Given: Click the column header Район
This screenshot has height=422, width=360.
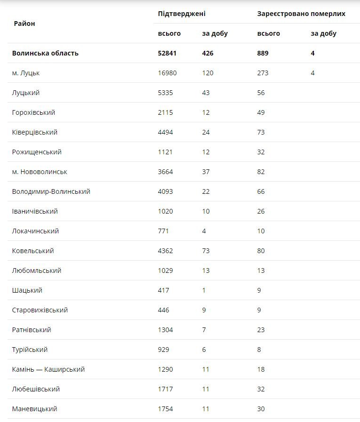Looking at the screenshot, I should point(24,24).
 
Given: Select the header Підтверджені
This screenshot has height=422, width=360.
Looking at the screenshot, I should point(182,14).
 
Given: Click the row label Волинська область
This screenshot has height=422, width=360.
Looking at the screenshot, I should point(45,53).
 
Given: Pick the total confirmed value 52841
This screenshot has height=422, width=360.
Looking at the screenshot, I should point(167,53).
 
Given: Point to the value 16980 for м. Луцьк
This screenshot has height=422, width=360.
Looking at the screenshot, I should point(167,73).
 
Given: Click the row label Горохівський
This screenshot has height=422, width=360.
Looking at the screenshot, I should point(33,112).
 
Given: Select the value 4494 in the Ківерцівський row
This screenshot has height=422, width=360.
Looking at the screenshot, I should point(165,132).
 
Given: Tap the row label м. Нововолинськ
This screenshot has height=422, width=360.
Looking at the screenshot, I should point(40,172).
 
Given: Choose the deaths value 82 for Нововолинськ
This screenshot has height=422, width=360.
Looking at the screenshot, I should point(261,172).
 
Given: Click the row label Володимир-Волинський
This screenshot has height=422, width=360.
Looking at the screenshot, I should point(51,191).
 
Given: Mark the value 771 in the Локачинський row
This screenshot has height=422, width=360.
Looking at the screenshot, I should point(163,231).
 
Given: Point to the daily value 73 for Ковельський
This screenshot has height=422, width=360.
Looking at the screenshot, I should point(206,251).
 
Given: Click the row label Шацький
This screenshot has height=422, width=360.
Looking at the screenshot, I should point(27,290).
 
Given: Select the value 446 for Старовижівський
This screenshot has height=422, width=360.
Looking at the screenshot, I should point(163,310).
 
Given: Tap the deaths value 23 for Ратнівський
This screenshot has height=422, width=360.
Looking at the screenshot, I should point(261,330).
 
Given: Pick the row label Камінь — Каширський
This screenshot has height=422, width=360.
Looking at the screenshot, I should point(48,369).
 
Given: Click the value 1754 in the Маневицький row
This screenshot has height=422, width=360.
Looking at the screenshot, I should point(165,409).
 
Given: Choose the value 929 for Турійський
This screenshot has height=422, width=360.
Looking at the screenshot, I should point(163,350).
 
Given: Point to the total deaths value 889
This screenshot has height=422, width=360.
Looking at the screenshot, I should point(263,53).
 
